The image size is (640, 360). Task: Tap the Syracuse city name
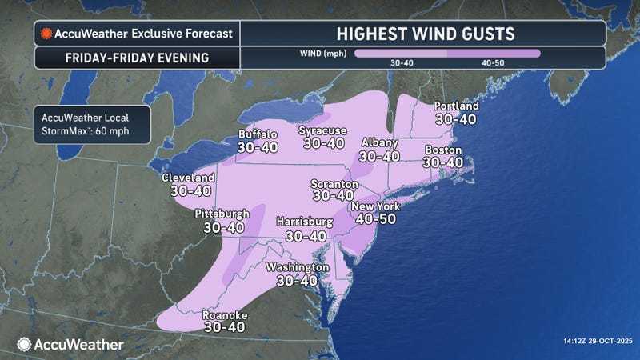coord(322,130)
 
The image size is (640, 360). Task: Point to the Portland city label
coord(456,106)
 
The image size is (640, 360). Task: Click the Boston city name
coord(443,150)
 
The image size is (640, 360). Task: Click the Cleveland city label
coord(188,177)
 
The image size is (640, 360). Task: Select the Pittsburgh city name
coord(222,214)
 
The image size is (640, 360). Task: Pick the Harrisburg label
coord(306,222)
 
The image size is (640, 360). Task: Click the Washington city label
coord(297,266)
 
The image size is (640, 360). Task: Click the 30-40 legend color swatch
coord(400,54)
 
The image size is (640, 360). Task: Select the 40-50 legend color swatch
coord(494,54)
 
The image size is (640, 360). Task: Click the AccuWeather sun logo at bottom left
coord(23,344)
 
